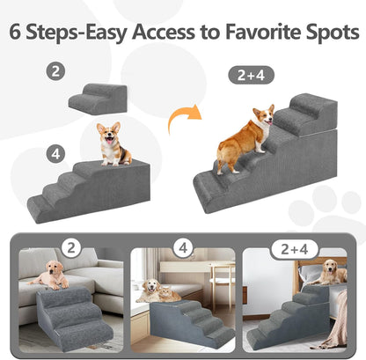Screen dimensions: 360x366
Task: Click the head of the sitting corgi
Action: pyautogui.click(x=111, y=135)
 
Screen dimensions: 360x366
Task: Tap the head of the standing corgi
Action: pyautogui.click(x=265, y=115)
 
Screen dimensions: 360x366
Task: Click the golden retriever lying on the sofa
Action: pyautogui.click(x=51, y=276)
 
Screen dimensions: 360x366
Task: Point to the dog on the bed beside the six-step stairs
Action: pyautogui.click(x=333, y=270)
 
